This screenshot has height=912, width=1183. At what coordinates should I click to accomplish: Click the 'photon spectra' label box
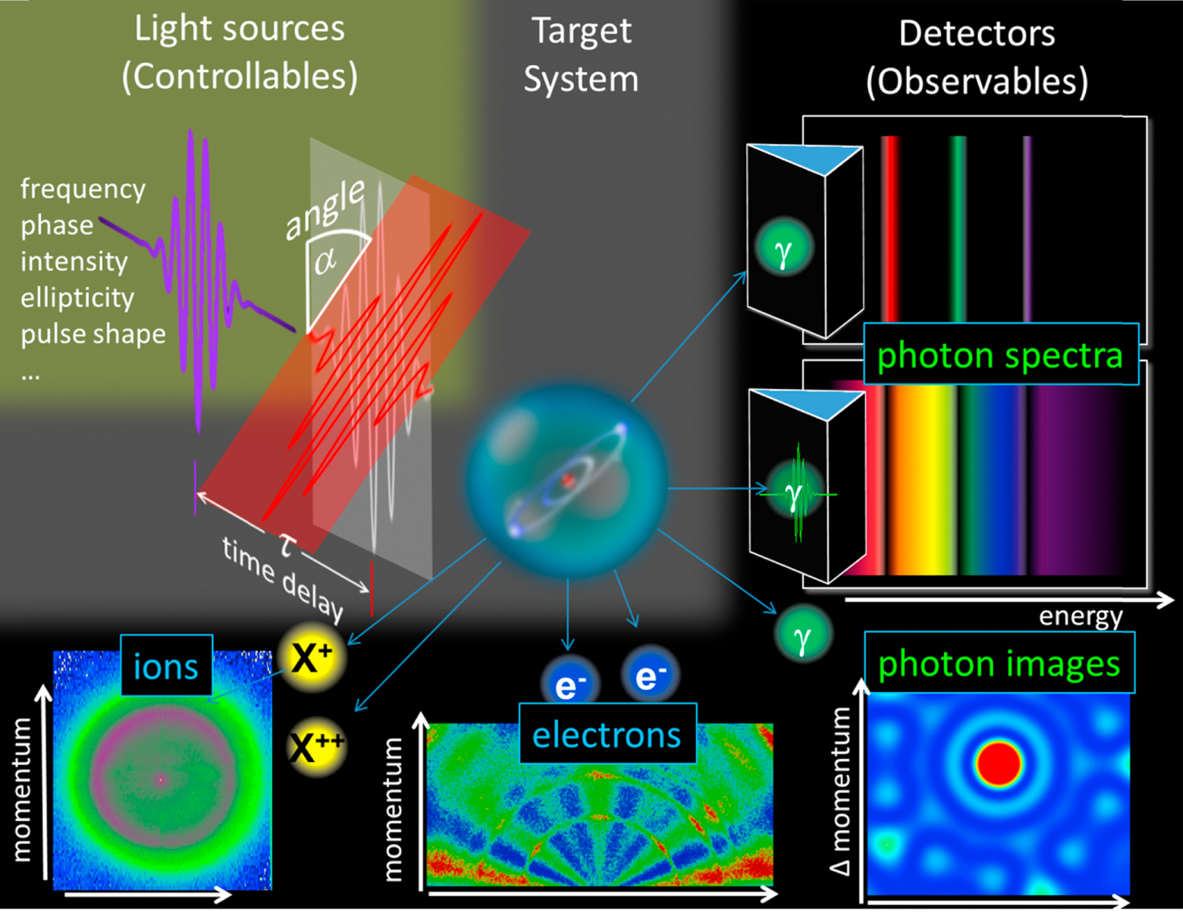point(1000,355)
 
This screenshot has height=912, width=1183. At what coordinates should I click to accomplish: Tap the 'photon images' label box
point(999,663)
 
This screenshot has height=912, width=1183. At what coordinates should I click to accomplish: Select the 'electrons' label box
point(607,734)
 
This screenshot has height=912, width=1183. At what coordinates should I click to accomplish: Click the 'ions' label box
point(166,666)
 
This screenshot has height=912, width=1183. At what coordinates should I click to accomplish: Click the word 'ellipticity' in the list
point(77,298)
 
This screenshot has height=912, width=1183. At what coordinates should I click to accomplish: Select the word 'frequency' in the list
point(83,189)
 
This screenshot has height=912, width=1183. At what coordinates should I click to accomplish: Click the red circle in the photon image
point(999,763)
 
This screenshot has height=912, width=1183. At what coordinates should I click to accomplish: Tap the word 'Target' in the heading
point(582,32)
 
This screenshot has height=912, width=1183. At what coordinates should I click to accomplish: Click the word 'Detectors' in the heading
point(977,34)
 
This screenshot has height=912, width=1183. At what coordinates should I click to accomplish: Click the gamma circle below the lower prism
point(803,635)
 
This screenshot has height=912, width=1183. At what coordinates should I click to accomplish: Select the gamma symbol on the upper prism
point(784,249)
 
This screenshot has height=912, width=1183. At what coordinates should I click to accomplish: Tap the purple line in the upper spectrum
point(1027,227)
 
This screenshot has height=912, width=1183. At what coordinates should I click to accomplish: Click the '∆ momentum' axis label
point(840,790)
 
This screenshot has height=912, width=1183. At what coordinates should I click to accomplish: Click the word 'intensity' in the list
point(74,262)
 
